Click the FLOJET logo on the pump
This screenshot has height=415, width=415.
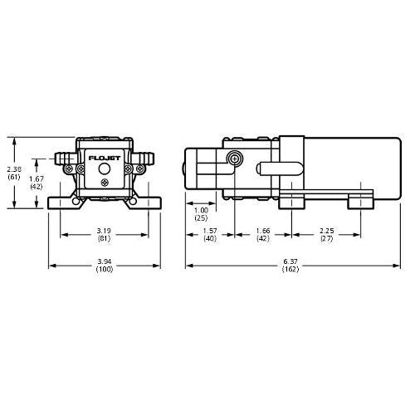pyautogui.click(x=105, y=159)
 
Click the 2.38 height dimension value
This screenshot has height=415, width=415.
pyautogui.click(x=14, y=169)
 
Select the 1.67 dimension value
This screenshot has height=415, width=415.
pyautogui.click(x=37, y=178)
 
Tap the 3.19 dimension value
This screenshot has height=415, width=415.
pyautogui.click(x=104, y=231)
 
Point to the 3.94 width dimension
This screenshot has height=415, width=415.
pyautogui.click(x=104, y=261)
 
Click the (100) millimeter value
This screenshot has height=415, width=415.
pyautogui.click(x=105, y=269)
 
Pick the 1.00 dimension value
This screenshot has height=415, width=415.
pyautogui.click(x=201, y=210)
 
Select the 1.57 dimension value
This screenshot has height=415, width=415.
pyautogui.click(x=210, y=231)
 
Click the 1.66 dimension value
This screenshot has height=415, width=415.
pyautogui.click(x=263, y=231)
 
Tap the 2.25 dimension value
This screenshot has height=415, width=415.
pyautogui.click(x=327, y=231)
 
